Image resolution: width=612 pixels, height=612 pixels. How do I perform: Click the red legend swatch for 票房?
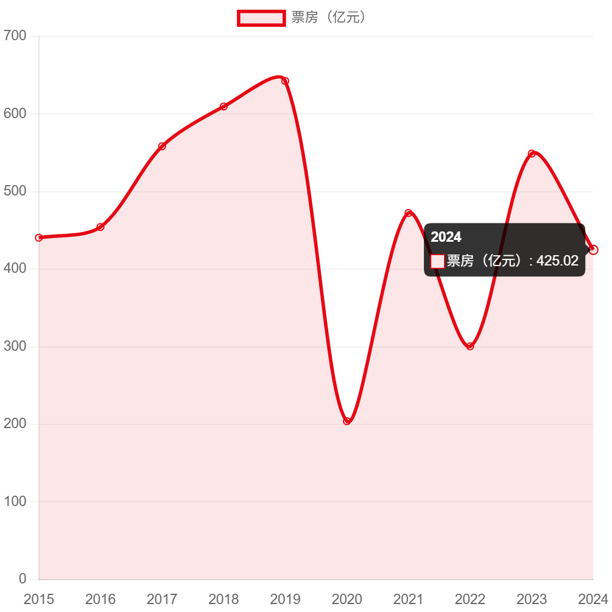(261, 18)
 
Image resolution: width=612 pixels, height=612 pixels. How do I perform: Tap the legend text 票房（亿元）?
(329, 18)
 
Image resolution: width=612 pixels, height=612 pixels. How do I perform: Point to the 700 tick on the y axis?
(15, 36)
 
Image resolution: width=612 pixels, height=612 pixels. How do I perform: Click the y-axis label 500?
(15, 191)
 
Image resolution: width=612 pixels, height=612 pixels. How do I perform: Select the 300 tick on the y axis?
(15, 346)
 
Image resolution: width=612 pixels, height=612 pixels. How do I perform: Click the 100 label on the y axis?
(15, 501)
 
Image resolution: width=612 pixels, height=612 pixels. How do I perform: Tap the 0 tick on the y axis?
(23, 578)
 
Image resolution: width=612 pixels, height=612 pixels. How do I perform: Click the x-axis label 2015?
(39, 600)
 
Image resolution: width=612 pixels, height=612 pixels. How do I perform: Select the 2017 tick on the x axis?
(162, 600)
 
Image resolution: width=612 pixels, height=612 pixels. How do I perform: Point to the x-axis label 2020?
(347, 600)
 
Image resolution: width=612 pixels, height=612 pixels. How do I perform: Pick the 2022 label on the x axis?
(470, 600)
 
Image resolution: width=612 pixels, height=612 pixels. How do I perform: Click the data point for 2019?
(285, 81)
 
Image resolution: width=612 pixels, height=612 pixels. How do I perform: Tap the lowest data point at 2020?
(347, 421)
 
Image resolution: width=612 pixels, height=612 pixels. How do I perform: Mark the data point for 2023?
(532, 153)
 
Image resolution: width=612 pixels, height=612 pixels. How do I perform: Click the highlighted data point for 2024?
(594, 250)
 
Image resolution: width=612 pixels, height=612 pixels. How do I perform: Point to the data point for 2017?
(162, 146)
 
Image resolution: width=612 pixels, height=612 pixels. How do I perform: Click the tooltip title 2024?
(446, 237)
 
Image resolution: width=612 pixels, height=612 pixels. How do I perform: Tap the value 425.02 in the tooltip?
(557, 261)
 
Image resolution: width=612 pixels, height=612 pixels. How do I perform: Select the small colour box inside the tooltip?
(437, 261)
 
